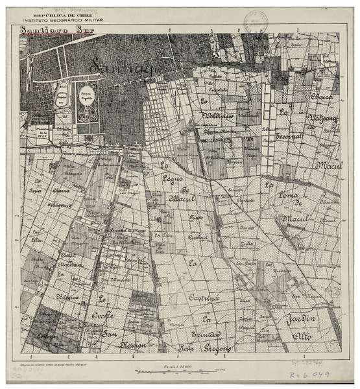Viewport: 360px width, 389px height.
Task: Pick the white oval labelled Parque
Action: pyautogui.click(x=86, y=102)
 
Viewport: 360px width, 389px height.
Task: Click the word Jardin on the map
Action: pyautogui.click(x=302, y=319)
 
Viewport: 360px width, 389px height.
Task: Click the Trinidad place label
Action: pyautogui.click(x=206, y=333)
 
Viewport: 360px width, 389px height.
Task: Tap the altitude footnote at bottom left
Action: pyautogui.click(x=58, y=366)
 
